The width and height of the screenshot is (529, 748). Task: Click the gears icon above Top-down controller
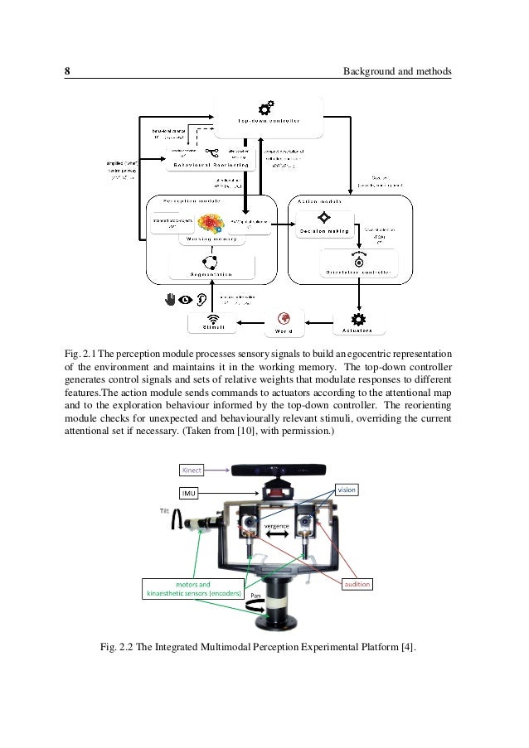coord(267,107)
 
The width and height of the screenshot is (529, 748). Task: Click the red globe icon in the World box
coord(284,319)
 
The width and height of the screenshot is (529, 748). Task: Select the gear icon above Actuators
coord(358,319)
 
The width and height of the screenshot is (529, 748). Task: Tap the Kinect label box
coord(192,471)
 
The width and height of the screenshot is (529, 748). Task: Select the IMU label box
coord(190,494)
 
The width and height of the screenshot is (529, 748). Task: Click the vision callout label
coord(347,490)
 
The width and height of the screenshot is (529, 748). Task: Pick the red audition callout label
coord(357,584)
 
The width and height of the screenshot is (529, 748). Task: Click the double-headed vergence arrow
coord(276,537)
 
